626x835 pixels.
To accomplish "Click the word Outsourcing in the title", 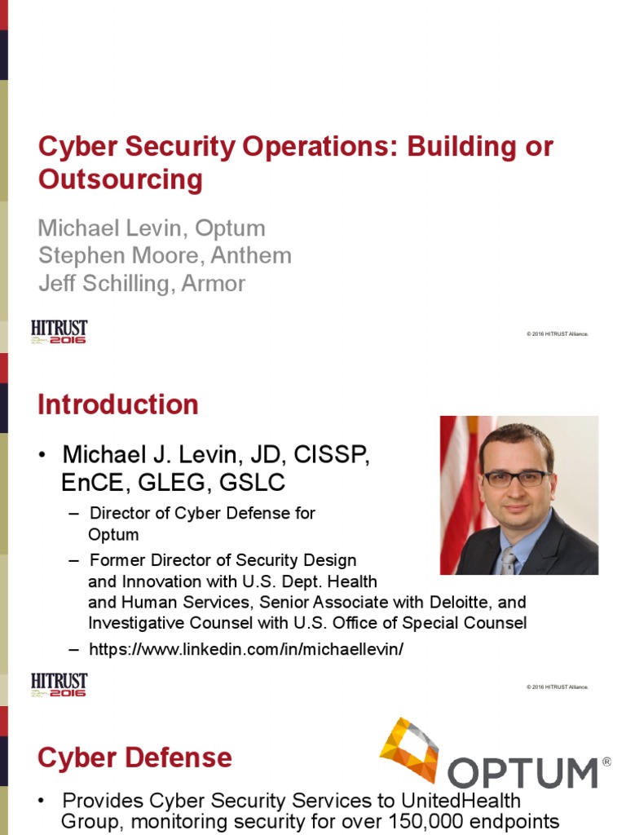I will (x=121, y=179).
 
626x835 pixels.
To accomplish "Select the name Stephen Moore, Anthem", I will (x=165, y=255).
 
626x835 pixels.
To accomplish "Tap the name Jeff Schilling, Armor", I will (x=142, y=283).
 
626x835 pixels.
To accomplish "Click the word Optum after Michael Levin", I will (x=231, y=228).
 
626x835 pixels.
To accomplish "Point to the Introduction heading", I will (x=118, y=404).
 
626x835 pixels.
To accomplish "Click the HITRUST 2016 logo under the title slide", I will (x=60, y=332).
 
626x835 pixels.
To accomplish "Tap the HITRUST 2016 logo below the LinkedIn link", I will (x=60, y=685).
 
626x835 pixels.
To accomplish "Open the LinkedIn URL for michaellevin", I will (x=246, y=649).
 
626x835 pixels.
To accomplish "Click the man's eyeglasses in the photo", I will (x=517, y=479).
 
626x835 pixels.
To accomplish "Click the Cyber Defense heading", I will (x=134, y=758).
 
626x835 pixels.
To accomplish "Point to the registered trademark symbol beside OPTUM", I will (x=606, y=762).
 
